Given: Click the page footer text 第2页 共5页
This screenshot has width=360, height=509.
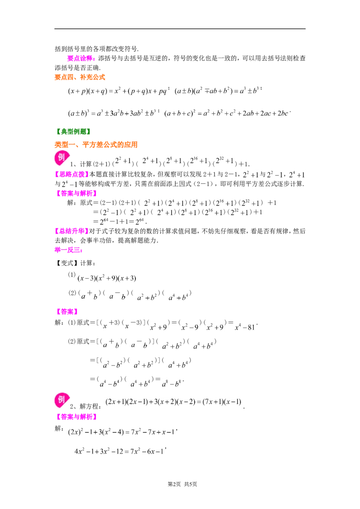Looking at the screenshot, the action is pyautogui.click(x=182, y=484).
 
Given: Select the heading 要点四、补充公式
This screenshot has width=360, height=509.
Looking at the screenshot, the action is pyautogui.click(x=80, y=77).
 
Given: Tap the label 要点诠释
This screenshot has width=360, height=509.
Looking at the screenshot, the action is pyautogui.click(x=80, y=58).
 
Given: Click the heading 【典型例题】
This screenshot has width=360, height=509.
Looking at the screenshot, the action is pyautogui.click(x=73, y=131).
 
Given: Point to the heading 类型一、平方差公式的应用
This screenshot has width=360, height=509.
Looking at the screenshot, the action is pyautogui.click(x=96, y=144).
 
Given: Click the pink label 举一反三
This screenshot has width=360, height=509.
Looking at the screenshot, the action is pyautogui.click(x=68, y=250).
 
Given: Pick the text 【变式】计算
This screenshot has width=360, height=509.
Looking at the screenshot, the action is pyautogui.click(x=75, y=263).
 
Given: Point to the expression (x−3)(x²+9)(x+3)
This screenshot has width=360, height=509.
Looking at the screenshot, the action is pyautogui.click(x=107, y=278).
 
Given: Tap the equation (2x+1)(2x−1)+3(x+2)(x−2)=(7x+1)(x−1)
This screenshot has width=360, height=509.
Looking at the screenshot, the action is pyautogui.click(x=174, y=402).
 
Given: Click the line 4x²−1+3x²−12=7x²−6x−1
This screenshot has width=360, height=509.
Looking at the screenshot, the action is pyautogui.click(x=119, y=451).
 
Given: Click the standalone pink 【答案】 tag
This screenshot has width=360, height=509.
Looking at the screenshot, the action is pyautogui.click(x=67, y=312).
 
